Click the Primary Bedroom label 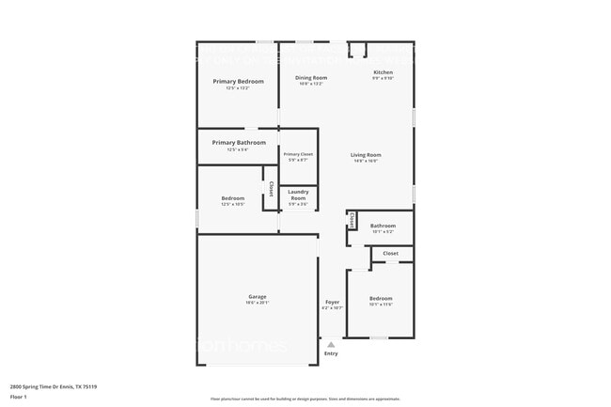[238, 82]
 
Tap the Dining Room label [311, 77]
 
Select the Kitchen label [383, 72]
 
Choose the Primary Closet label [298, 154]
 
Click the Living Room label [366, 154]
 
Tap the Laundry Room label [298, 195]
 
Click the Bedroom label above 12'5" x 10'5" [232, 198]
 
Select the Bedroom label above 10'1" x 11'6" [380, 297]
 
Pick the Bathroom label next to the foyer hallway [383, 226]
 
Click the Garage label [257, 296]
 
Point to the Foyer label [332, 302]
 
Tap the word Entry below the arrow [331, 353]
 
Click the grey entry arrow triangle [331, 345]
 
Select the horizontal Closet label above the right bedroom [390, 253]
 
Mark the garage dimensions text [257, 303]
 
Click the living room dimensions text [366, 161]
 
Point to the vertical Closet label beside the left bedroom [272, 188]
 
